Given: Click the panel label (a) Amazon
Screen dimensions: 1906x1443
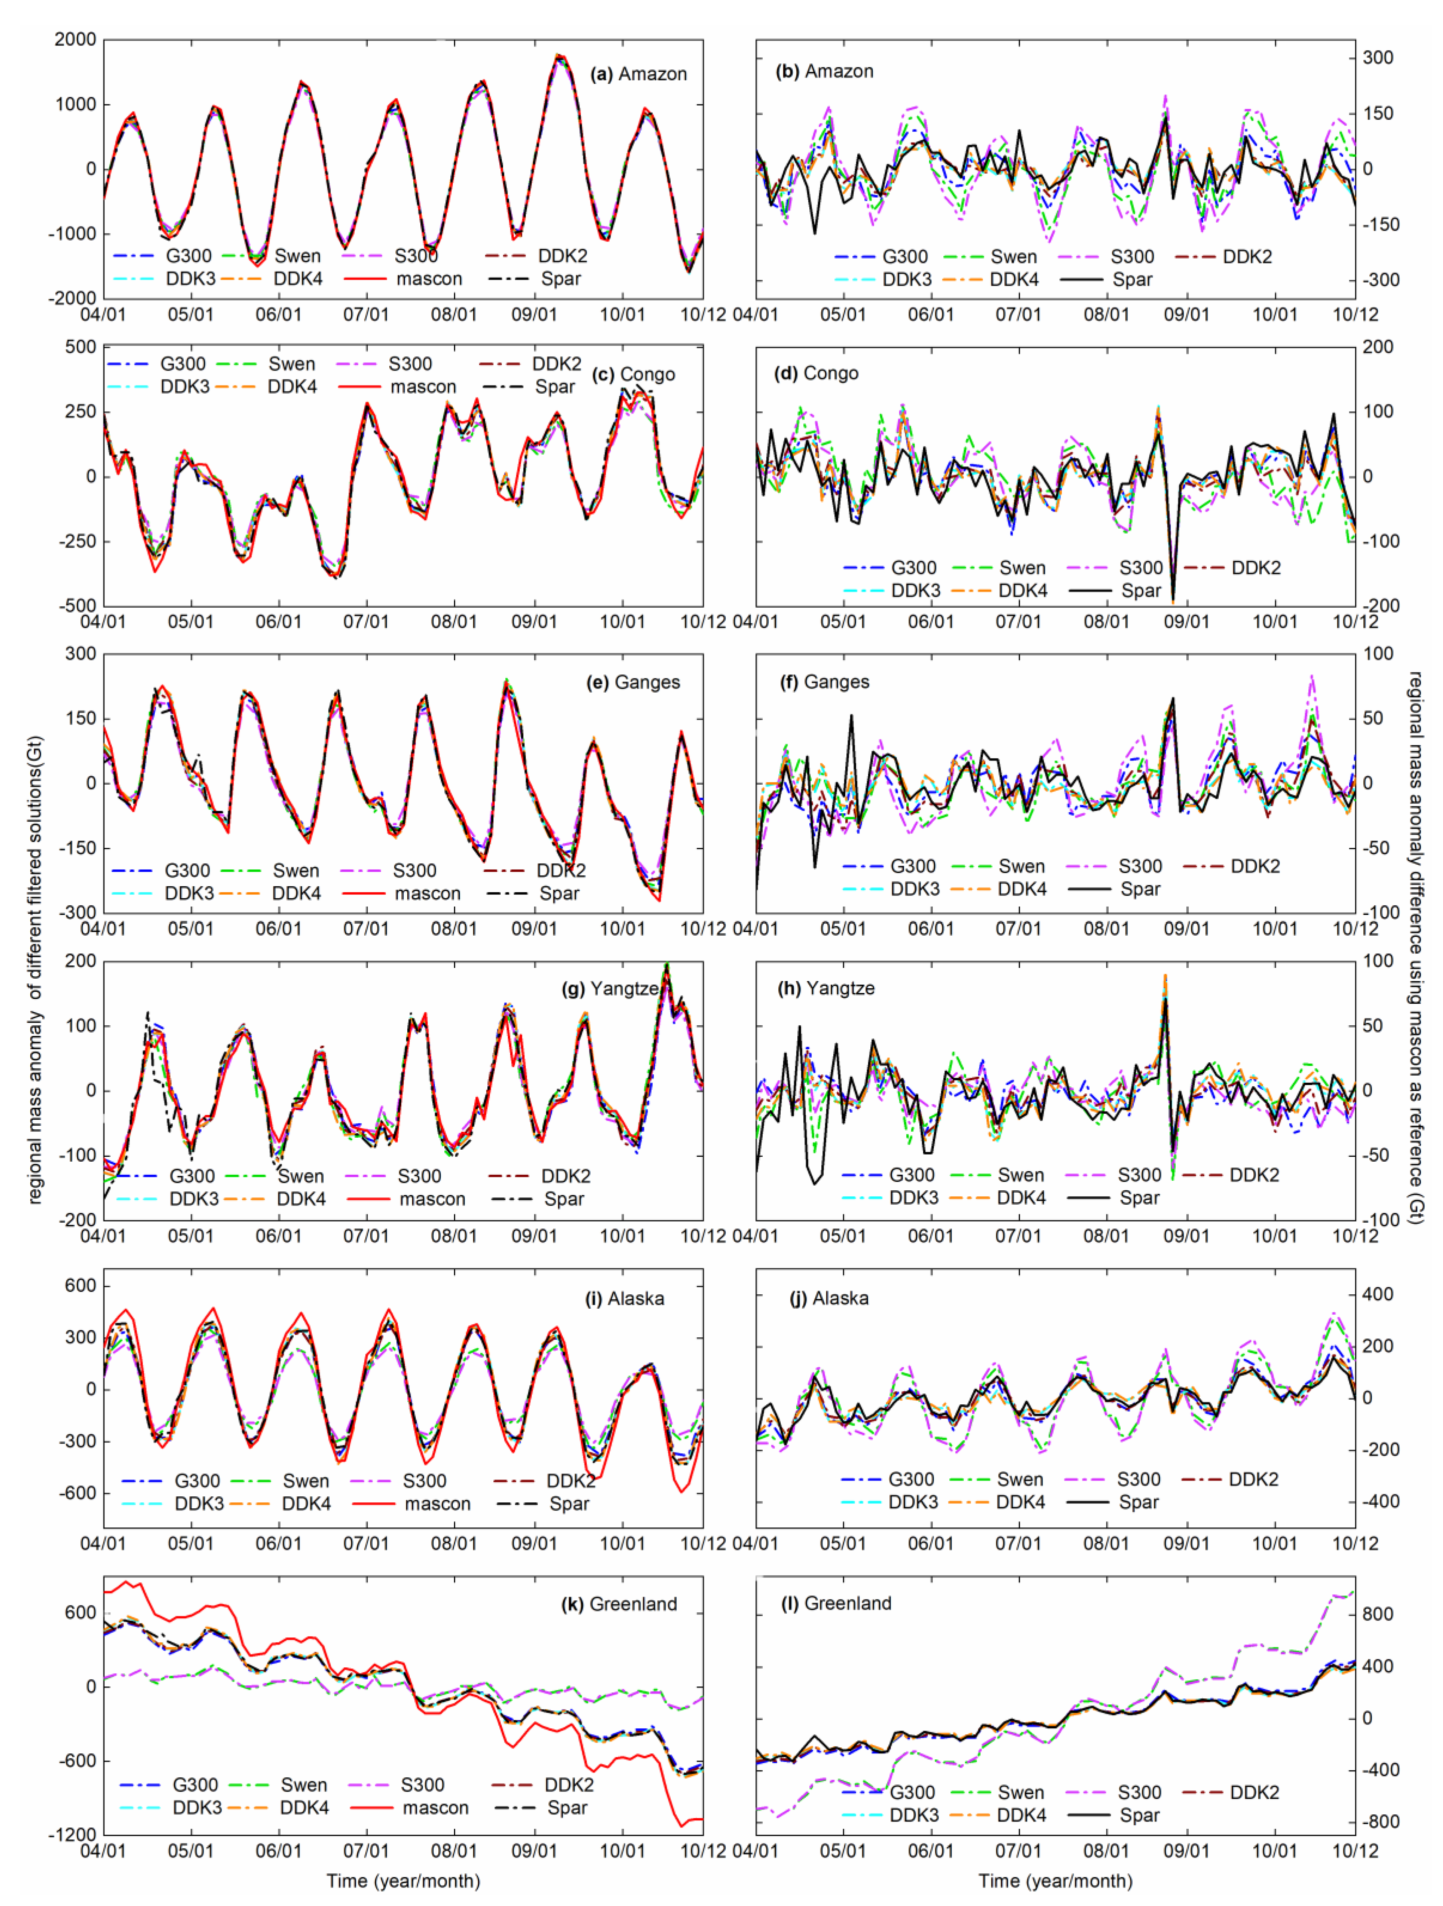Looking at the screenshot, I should point(638,74).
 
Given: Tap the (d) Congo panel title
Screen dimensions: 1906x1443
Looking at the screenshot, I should point(819,373).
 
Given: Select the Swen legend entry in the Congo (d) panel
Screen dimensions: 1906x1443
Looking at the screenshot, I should point(1022,568).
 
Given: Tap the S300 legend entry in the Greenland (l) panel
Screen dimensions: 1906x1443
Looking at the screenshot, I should point(1139,1792).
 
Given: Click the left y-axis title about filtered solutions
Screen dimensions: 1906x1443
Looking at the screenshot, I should point(34,970).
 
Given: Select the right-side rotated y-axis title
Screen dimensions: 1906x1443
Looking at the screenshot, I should point(1416,948).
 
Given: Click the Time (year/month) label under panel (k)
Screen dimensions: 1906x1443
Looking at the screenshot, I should point(403,1880).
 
